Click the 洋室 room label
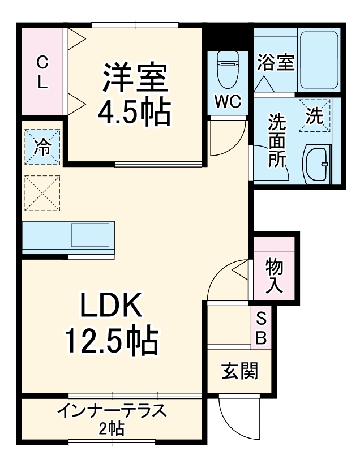[x=135, y=79]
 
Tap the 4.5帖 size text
[x=134, y=113]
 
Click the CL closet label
[x=42, y=72]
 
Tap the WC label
[x=228, y=102]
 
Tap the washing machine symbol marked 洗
[x=315, y=115]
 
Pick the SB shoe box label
[x=261, y=328]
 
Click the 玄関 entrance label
[x=239, y=371]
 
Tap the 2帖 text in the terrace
[x=112, y=428]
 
